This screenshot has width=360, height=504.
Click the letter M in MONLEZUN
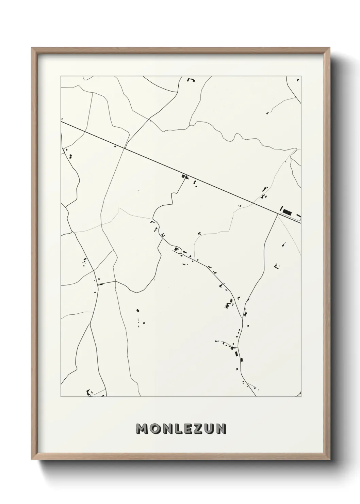pos(143,429)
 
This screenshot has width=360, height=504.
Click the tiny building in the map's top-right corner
pos(298,80)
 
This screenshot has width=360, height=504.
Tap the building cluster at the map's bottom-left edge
pos(90,393)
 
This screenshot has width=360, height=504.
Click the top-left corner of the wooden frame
pos(32,48)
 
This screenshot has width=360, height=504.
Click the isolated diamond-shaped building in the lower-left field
pos(137,310)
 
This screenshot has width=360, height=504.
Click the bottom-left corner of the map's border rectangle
pos(61,397)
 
